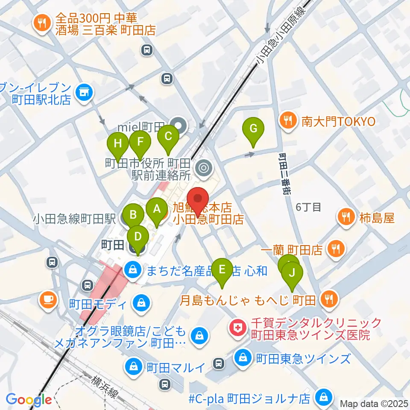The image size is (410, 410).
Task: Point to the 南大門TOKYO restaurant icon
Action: tap(289, 122)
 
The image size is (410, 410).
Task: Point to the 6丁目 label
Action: tap(308, 208)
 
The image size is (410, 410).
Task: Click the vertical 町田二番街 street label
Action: tap(284, 174)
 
